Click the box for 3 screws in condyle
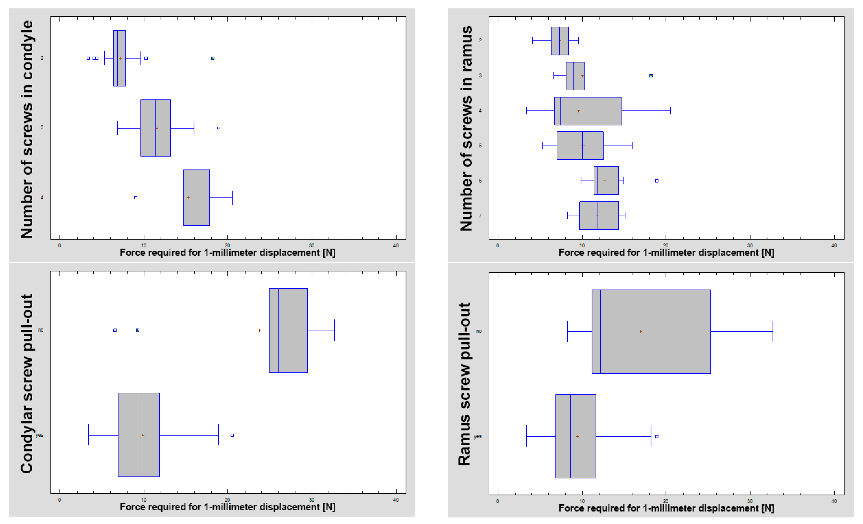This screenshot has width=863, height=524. click(x=155, y=128)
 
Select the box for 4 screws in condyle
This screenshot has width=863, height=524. click(x=197, y=198)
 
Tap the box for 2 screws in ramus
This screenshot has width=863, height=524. click(x=560, y=41)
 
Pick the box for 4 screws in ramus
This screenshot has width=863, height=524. click(x=588, y=111)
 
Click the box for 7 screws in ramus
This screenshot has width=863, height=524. click(x=599, y=215)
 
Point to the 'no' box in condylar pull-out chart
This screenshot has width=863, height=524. click(x=288, y=330)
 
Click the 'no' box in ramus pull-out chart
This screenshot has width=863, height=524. click(x=651, y=331)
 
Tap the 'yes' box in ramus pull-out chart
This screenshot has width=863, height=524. click(x=575, y=436)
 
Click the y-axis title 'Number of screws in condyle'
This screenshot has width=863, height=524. click(x=27, y=129)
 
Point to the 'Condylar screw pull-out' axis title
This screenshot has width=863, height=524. click(x=27, y=384)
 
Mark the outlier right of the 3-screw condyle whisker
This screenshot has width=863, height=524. click(x=219, y=128)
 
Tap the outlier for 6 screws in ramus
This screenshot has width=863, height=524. click(x=657, y=181)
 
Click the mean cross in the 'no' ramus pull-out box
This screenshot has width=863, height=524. click(x=641, y=332)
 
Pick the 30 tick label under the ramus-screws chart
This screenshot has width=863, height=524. click(x=750, y=246)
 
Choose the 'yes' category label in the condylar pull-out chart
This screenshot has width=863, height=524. click(x=40, y=435)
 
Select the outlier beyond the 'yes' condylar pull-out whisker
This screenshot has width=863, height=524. click(x=232, y=435)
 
